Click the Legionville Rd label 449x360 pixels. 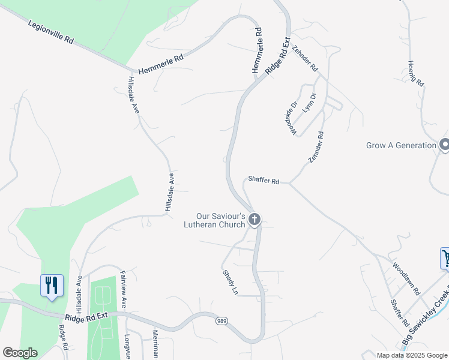(x=51, y=32)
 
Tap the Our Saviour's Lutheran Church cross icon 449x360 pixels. (x=255, y=220)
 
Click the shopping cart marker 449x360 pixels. (x=446, y=259)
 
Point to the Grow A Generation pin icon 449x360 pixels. (x=445, y=145)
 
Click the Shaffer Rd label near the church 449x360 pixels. (x=264, y=181)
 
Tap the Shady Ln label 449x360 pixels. (x=231, y=281)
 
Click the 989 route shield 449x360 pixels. (x=221, y=321)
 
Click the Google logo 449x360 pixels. (x=20, y=353)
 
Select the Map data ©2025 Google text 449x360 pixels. (x=412, y=355)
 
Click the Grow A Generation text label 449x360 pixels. (x=401, y=145)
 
